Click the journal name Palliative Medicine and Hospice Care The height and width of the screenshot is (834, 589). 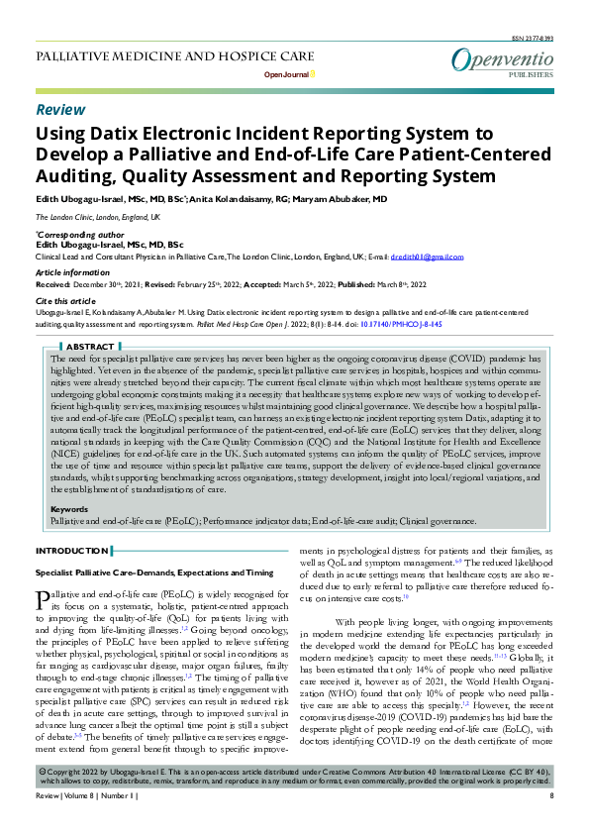click(174, 55)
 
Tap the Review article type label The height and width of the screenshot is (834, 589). click(60, 109)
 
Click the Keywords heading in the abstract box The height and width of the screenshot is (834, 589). click(69, 510)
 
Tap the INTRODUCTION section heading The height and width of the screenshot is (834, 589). click(72, 550)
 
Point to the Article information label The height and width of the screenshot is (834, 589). click(71, 271)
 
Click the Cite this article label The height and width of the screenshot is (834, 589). click(67, 299)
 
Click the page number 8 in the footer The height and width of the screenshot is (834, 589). click(550, 823)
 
